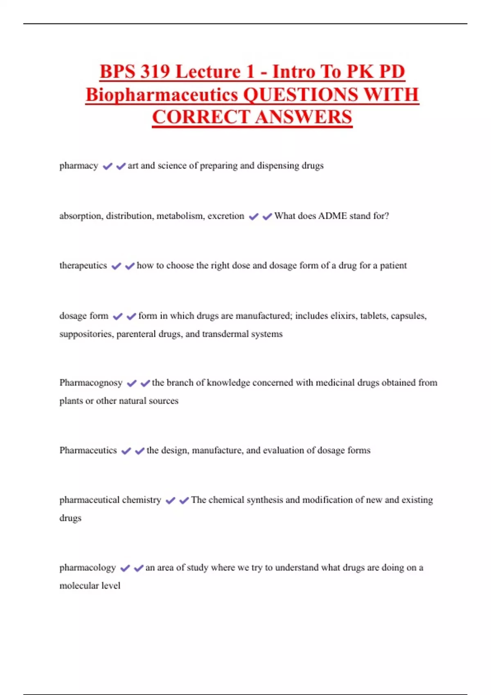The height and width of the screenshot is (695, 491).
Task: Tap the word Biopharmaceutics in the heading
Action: pyautogui.click(x=162, y=95)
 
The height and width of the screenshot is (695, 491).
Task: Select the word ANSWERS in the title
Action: pyautogui.click(x=304, y=117)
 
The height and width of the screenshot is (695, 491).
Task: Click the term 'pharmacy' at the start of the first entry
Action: pyautogui.click(x=79, y=166)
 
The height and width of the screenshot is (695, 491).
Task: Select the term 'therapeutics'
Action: pyautogui.click(x=83, y=266)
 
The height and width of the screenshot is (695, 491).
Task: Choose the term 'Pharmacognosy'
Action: pyautogui.click(x=91, y=383)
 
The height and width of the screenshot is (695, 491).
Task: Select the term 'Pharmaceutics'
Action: pyautogui.click(x=88, y=451)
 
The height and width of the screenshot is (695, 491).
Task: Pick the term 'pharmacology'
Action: pyautogui.click(x=88, y=568)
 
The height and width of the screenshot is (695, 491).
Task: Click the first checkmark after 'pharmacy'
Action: pyautogui.click(x=107, y=166)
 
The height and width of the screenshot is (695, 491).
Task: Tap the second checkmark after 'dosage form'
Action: pyautogui.click(x=131, y=316)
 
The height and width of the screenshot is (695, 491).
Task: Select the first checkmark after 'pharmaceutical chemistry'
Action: pyautogui.click(x=170, y=500)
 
